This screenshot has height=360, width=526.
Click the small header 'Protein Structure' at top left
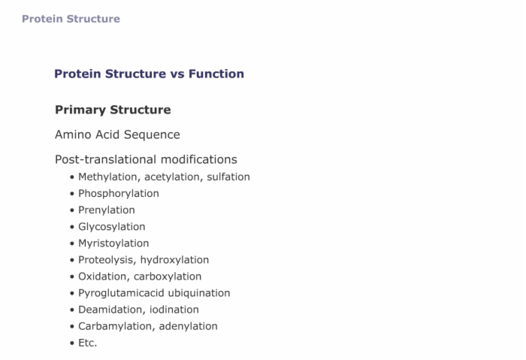(71, 19)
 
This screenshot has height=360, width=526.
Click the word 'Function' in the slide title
(216, 74)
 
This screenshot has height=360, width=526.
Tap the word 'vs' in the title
(177, 74)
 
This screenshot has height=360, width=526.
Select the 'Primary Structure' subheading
(113, 110)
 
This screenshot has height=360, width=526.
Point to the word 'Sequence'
(152, 135)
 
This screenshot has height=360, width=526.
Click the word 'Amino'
(74, 135)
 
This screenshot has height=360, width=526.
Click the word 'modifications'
(199, 159)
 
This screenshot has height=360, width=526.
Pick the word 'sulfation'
(228, 177)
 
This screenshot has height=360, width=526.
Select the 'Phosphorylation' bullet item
(119, 194)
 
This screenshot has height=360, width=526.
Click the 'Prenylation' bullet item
(107, 210)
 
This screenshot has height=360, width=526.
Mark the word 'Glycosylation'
(112, 227)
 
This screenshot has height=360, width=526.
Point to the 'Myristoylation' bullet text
(113, 244)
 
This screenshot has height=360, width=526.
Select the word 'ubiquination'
(199, 293)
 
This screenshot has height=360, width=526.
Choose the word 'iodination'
(174, 310)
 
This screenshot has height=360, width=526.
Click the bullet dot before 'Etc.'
(72, 343)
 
